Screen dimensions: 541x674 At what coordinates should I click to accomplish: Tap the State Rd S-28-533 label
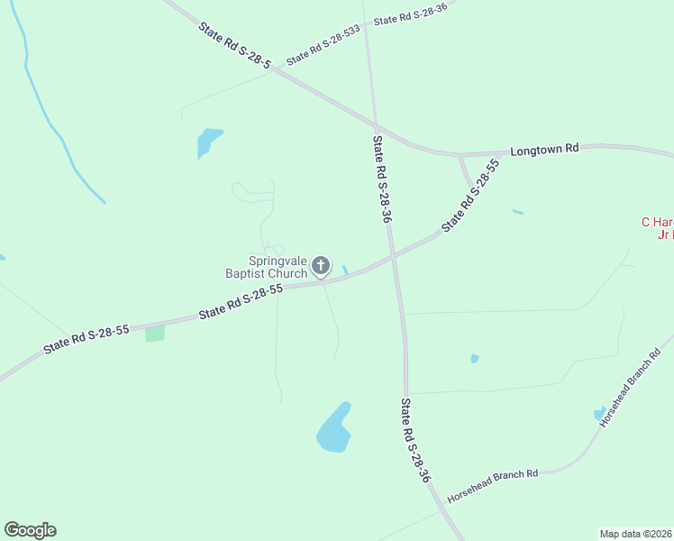(323, 45)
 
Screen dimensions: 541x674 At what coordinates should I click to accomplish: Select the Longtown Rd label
(543, 150)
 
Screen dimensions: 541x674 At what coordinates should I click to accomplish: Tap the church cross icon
(320, 266)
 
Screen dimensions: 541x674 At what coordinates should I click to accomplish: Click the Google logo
(30, 530)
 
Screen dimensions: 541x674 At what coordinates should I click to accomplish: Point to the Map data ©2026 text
(636, 533)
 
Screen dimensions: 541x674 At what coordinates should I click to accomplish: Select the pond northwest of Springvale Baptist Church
(207, 142)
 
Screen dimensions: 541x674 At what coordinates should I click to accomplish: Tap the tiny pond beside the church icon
(345, 270)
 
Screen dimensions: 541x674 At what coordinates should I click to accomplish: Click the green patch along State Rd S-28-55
(155, 333)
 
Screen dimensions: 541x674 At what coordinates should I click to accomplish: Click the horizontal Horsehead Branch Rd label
(493, 474)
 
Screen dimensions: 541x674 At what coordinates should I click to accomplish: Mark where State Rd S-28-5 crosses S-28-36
(376, 125)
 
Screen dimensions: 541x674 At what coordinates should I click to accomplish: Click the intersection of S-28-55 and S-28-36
(392, 258)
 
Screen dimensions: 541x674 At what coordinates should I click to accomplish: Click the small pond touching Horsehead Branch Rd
(599, 414)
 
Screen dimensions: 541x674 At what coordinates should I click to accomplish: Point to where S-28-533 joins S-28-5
(271, 71)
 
